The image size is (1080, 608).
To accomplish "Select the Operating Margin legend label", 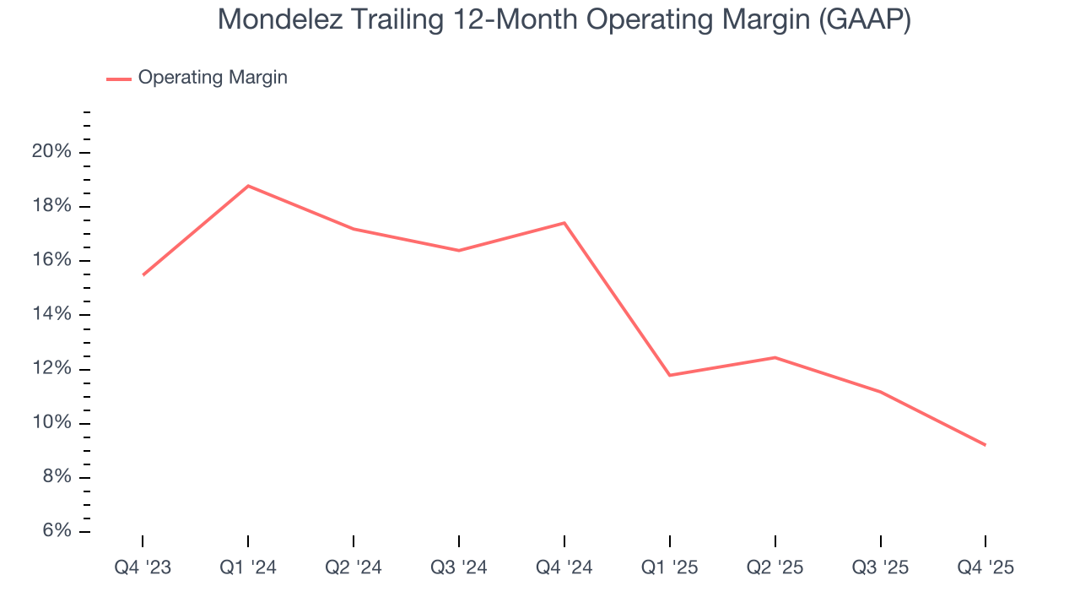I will (x=213, y=78).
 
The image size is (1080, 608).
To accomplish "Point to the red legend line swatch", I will (x=119, y=79).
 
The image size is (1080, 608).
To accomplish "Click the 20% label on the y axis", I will (x=51, y=152).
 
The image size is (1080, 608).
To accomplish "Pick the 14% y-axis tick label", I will (x=51, y=315).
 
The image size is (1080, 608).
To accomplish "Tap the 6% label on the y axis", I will (x=55, y=531).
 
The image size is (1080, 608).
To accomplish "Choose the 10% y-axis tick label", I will (x=51, y=423).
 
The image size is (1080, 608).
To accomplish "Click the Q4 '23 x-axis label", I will (x=143, y=567).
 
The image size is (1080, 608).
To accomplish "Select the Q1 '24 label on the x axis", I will (x=248, y=567).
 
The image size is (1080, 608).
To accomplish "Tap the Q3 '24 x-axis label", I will (x=459, y=567).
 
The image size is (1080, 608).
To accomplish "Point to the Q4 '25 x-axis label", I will (x=985, y=567).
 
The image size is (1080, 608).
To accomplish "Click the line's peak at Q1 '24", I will (x=248, y=186).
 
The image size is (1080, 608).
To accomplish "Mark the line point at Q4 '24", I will (x=564, y=223).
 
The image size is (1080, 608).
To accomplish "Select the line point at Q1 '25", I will (x=669, y=375).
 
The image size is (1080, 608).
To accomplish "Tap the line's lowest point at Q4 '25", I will (x=985, y=445).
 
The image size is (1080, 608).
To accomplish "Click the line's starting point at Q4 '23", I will (x=143, y=275).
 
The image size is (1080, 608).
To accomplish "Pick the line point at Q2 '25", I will (x=775, y=357).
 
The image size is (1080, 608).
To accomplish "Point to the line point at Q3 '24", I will (x=459, y=250).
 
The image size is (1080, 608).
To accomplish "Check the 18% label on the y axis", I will (x=51, y=207).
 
